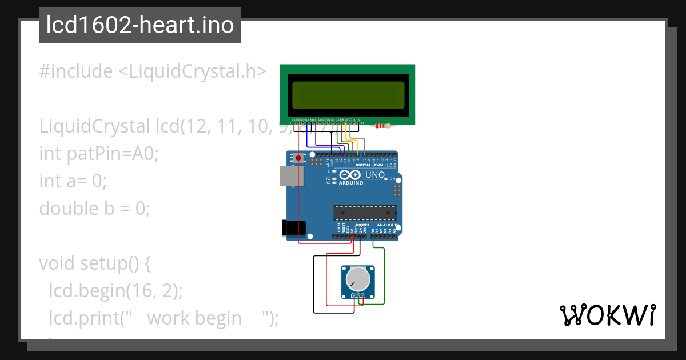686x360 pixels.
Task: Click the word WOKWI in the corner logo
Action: coord(607,315)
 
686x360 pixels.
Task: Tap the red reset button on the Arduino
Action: coord(298,158)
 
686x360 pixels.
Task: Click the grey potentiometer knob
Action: coord(358,278)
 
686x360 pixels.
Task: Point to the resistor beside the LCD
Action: coord(384,126)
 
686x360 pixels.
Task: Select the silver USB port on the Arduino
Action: coord(290,176)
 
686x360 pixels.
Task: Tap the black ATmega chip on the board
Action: coord(365,213)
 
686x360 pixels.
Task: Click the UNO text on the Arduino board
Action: coord(375,175)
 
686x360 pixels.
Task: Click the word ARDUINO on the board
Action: coord(351,183)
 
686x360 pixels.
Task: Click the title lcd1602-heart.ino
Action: coord(140,25)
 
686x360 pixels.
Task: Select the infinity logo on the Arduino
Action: coord(349,175)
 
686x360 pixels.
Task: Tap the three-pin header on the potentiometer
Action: coord(358,295)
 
